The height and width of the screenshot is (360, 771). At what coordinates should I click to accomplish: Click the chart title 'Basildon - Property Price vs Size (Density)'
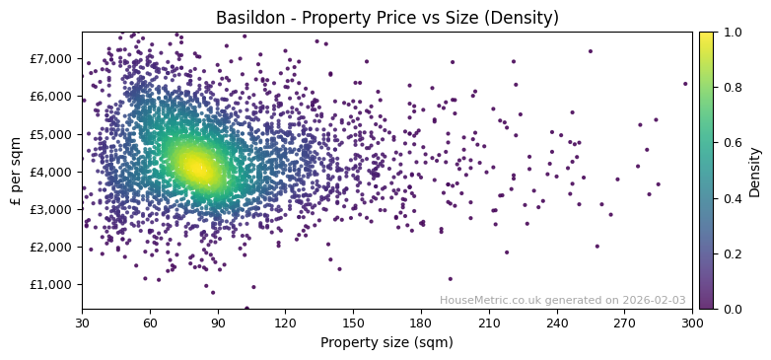[386, 18]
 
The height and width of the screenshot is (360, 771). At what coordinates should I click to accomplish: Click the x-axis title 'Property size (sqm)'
[386, 342]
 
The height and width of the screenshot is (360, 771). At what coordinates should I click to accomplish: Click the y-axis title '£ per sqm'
[16, 171]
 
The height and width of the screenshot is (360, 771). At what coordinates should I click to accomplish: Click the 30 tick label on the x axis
[82, 323]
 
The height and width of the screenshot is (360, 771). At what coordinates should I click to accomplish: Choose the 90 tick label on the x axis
[218, 323]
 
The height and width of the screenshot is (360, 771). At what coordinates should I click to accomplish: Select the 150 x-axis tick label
[353, 323]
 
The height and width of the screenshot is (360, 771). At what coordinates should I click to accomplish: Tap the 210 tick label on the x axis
[489, 323]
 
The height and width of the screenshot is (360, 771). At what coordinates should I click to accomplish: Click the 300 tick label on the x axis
[692, 323]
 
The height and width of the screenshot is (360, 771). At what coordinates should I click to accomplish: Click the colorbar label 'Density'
[755, 171]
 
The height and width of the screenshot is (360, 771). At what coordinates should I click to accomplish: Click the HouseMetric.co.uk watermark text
[562, 301]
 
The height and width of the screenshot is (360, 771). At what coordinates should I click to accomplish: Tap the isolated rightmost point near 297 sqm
[685, 84]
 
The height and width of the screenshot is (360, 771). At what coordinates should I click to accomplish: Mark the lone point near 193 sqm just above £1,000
[451, 279]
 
